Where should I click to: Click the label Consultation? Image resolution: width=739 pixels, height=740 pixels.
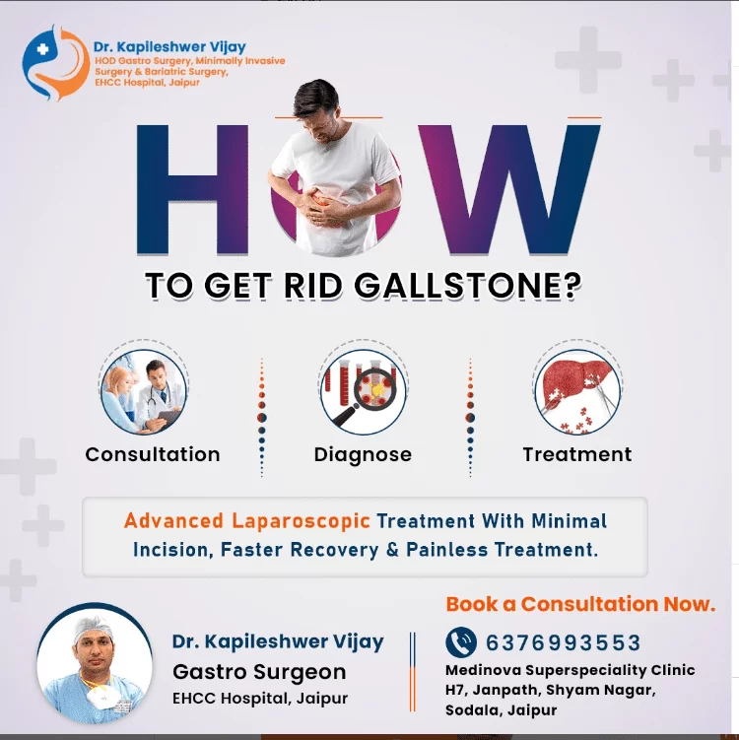click(x=153, y=454)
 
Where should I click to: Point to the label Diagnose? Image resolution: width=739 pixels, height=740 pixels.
click(x=363, y=454)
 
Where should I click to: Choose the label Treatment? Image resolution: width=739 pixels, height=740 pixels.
click(x=577, y=454)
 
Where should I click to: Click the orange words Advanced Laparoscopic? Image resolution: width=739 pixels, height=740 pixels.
click(x=247, y=520)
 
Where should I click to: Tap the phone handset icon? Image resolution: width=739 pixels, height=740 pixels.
click(x=461, y=642)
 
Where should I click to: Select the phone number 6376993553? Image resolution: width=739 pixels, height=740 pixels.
click(x=564, y=643)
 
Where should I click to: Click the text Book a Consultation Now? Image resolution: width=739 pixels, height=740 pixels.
click(x=580, y=604)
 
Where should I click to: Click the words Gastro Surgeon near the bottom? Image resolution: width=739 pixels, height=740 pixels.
click(x=259, y=672)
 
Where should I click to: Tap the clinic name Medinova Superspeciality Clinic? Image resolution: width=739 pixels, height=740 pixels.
click(x=570, y=670)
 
